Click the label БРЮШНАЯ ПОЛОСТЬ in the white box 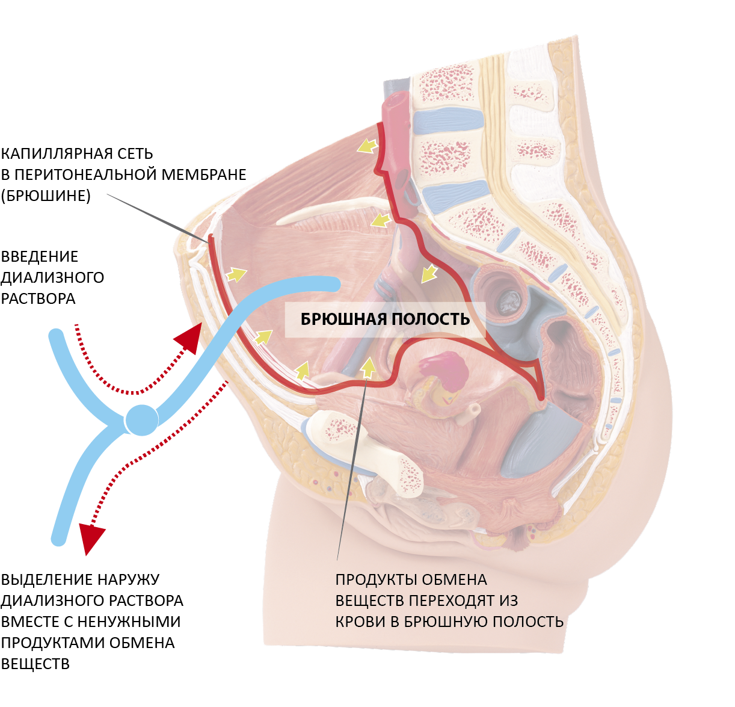pyautogui.click(x=385, y=319)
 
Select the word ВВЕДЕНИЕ pyautogui.click(x=40, y=257)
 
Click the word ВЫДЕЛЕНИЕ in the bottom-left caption pyautogui.click(x=45, y=580)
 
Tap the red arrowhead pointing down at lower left pyautogui.click(x=91, y=537)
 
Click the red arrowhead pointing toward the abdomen pyautogui.click(x=190, y=338)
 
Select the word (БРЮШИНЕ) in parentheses pyautogui.click(x=46, y=196)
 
